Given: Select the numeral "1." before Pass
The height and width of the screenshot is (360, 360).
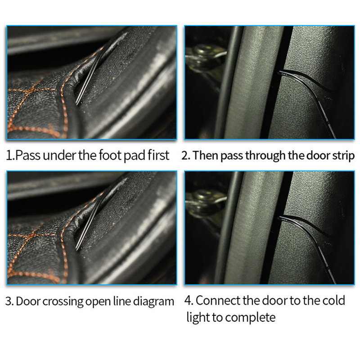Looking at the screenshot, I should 10,156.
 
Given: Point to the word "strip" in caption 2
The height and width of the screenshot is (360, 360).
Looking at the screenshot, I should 343,156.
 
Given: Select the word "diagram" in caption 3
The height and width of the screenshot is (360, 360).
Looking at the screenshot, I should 153,301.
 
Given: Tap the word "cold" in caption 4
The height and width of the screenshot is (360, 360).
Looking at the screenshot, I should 333,301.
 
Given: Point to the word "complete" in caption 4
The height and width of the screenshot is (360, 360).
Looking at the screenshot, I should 250,318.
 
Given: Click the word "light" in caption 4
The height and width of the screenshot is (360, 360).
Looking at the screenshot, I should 198,318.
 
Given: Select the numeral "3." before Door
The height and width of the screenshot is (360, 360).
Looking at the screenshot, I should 9,301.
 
